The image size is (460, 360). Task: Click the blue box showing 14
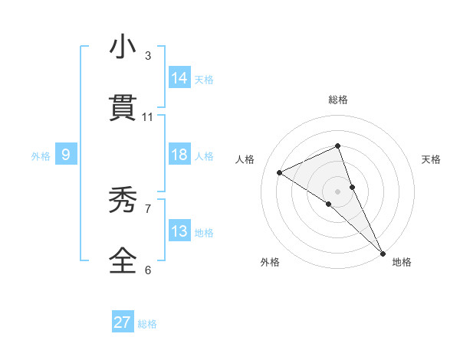179,77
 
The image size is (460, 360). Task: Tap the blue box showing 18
179,155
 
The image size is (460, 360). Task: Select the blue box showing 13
179,231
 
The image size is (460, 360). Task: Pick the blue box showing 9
66,155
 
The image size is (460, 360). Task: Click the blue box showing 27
123,322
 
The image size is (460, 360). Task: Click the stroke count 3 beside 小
148,56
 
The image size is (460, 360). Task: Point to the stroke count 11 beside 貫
148,116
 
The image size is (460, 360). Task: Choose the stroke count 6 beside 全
148,270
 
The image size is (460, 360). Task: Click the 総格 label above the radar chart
338,100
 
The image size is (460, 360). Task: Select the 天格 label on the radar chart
431,159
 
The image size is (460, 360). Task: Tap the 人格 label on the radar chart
245,159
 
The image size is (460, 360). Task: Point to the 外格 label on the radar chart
270,262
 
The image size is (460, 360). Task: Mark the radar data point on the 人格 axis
280,172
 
